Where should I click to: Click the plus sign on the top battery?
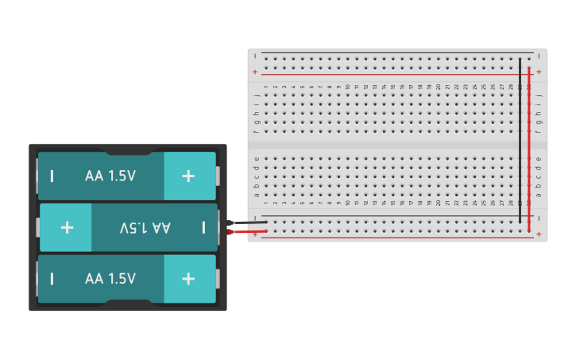tap(188, 176)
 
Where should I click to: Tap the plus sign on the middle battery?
tap(67, 228)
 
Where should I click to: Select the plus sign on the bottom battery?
tap(188, 279)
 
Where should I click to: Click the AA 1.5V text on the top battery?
tap(110, 176)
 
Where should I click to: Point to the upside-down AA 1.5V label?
tap(145, 228)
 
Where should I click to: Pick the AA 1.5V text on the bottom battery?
tap(110, 279)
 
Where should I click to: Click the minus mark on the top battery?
tap(52, 176)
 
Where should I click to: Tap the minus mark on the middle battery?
tap(203, 228)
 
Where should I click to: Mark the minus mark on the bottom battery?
tap(52, 279)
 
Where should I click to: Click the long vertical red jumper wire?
tap(529, 151)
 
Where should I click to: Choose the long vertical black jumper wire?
tap(520, 139)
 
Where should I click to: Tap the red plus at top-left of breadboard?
tap(255, 72)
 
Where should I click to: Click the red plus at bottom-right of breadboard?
tap(539, 234)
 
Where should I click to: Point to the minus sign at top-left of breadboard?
tap(255, 56)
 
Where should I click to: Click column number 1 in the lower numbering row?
tap(266, 203)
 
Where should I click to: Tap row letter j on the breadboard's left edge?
tap(257, 95)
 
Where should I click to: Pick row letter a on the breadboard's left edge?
tap(257, 194)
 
